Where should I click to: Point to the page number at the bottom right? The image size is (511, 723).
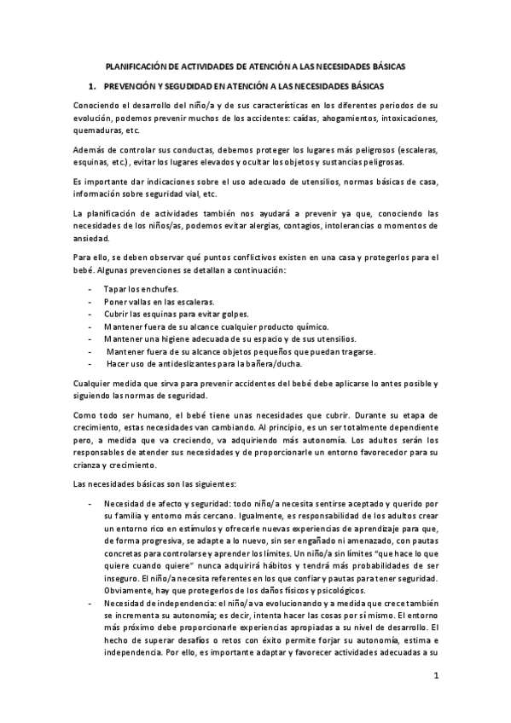pos(435,677)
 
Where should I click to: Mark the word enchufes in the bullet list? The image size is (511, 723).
pos(160,289)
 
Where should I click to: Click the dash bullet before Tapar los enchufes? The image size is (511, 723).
pos(90,289)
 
